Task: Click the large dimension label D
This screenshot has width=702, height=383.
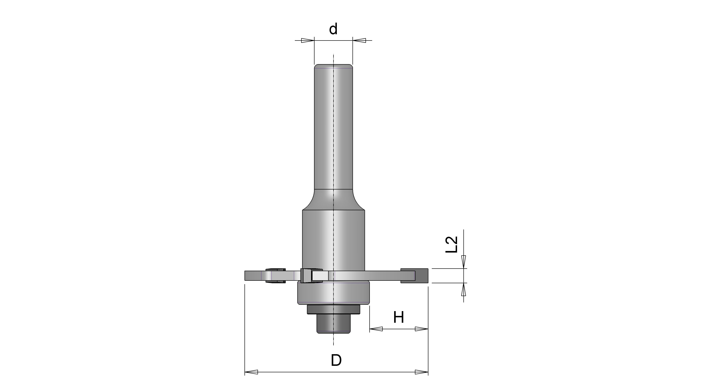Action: pyautogui.click(x=336, y=360)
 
